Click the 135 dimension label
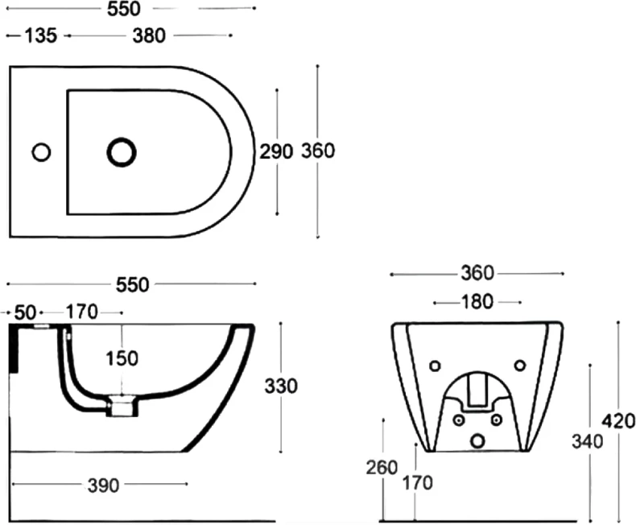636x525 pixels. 41,35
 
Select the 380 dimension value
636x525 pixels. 149,35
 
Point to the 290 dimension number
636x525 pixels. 276,151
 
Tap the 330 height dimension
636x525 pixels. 281,386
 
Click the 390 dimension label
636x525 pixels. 103,486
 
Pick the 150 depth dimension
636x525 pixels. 122,358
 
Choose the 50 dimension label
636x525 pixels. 26,312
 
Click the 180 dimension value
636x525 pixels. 477,302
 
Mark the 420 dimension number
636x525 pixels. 618,421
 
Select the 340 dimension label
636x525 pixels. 588,441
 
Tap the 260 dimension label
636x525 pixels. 382,467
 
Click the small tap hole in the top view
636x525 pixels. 41,152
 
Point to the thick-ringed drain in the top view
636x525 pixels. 122,152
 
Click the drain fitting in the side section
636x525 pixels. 122,406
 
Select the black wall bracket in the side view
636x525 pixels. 14,348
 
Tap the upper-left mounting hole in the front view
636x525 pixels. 435,366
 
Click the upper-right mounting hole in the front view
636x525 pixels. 519,366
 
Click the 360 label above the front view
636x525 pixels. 477,273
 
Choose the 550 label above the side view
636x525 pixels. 133,285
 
